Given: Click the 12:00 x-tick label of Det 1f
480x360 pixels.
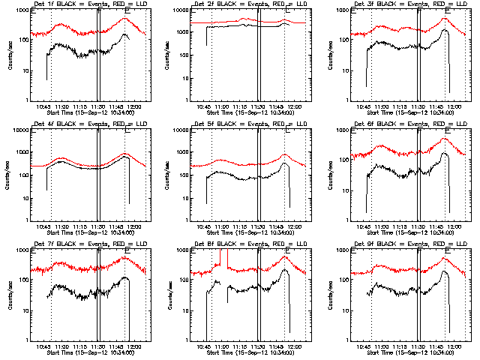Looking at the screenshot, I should pyautogui.click(x=136, y=106).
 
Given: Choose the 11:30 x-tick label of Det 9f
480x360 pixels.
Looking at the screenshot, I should pyautogui.click(x=418, y=346).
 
